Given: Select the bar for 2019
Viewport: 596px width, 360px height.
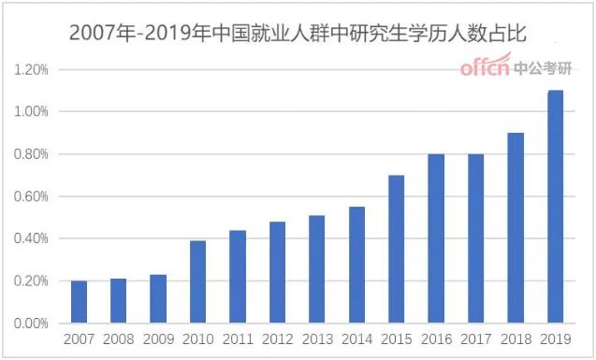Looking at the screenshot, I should (555, 207).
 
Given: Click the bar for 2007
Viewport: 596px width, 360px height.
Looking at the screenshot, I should (80, 301).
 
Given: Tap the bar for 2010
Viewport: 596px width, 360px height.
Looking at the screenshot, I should (198, 281).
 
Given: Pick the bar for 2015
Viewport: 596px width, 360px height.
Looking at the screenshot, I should (397, 249).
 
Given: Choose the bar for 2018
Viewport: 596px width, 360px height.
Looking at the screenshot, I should (516, 228).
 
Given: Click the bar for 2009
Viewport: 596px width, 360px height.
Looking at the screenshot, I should (158, 298).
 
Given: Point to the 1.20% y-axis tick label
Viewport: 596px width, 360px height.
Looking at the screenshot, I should (31, 70).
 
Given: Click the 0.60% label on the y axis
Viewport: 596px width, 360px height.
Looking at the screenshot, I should (31, 196).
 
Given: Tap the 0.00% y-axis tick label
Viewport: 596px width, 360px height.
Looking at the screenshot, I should (31, 324).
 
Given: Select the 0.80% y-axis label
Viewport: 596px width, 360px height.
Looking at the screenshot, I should (31, 154).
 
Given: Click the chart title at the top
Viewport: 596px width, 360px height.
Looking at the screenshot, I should (298, 35).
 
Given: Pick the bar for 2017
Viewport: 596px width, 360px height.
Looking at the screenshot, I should (475, 238).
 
